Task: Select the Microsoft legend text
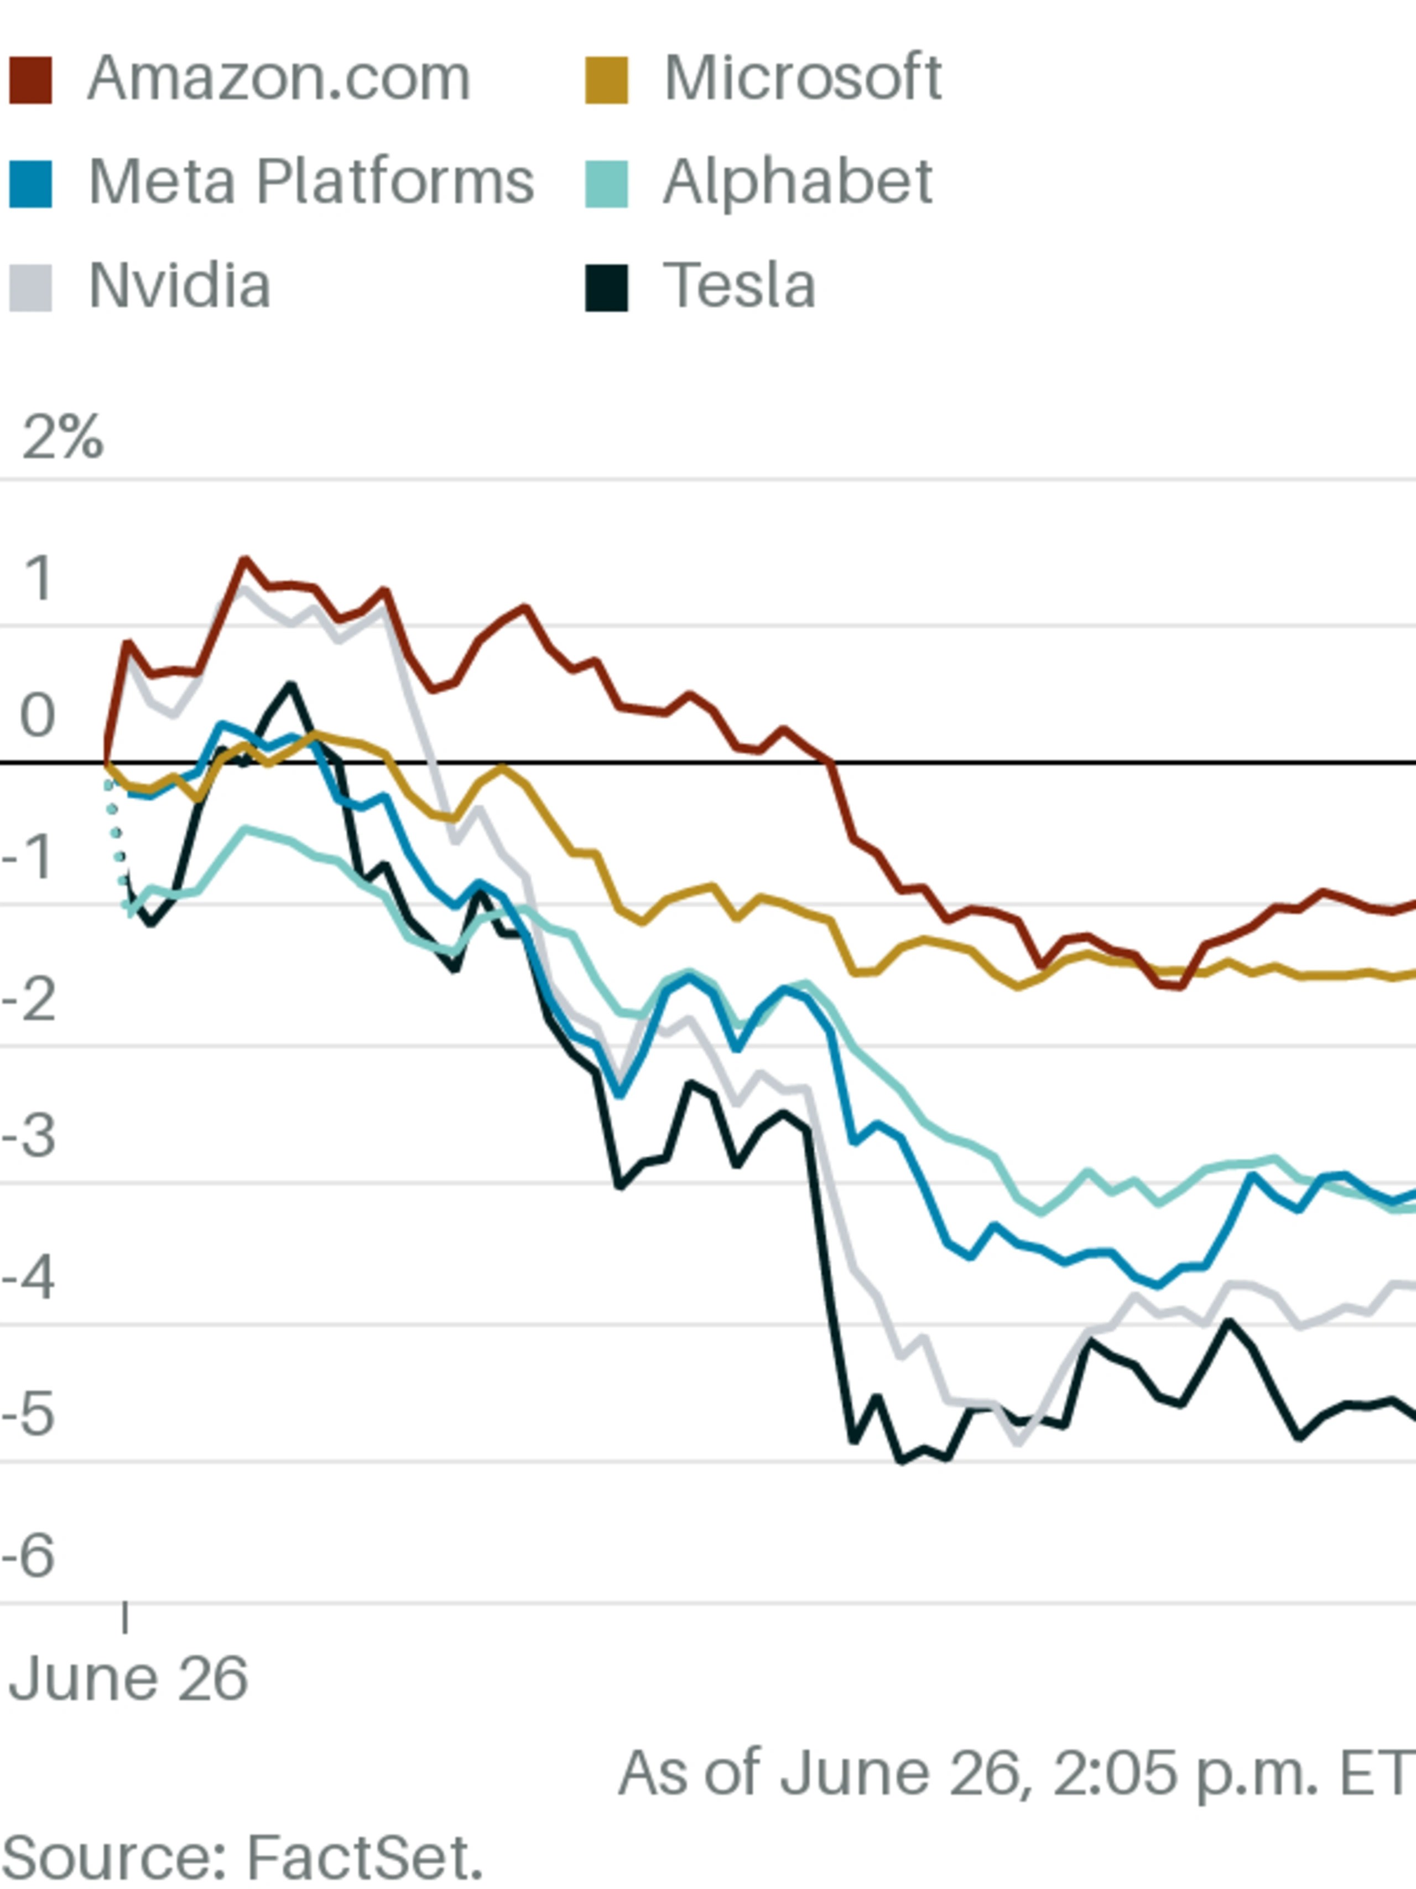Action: [803, 79]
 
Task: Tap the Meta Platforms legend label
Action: [311, 182]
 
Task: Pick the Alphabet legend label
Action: [797, 182]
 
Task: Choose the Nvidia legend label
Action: [179, 285]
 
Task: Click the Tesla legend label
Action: [739, 285]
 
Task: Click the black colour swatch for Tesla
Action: [606, 288]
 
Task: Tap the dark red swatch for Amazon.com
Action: [31, 81]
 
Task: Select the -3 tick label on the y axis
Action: [29, 1137]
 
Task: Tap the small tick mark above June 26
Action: [126, 1617]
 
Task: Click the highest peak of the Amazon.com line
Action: [245, 560]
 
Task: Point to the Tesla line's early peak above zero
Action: [291, 685]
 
